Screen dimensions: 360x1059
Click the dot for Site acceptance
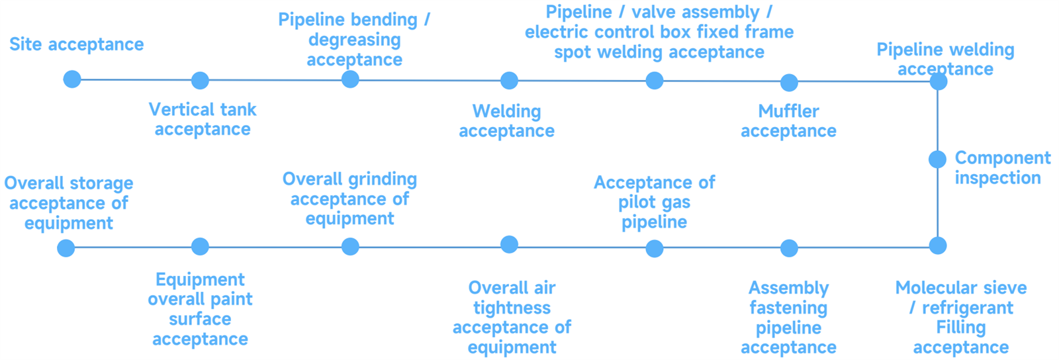coord(72,79)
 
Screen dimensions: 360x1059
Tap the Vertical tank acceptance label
coord(203,119)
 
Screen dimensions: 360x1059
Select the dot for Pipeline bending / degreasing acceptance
coord(350,79)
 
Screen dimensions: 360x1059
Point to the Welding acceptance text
coord(506,121)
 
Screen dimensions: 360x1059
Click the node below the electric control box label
coord(655,81)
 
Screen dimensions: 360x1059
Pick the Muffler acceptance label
coord(788,121)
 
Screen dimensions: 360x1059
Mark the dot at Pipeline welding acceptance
coord(938,81)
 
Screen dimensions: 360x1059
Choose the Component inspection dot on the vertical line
coord(937,159)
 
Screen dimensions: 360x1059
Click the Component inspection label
coord(1002,167)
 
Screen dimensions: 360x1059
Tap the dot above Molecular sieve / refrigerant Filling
coord(938,246)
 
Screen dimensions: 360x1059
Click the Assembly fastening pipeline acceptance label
coord(788,318)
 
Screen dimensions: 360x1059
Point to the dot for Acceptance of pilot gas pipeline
coord(655,248)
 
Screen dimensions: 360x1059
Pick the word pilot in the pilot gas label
coord(636,202)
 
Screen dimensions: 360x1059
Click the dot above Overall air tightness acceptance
coord(509,244)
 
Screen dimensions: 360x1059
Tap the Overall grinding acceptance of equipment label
coord(349,199)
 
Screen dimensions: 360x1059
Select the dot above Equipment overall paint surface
coord(200,247)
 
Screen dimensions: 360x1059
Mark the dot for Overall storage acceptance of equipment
coord(66,248)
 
